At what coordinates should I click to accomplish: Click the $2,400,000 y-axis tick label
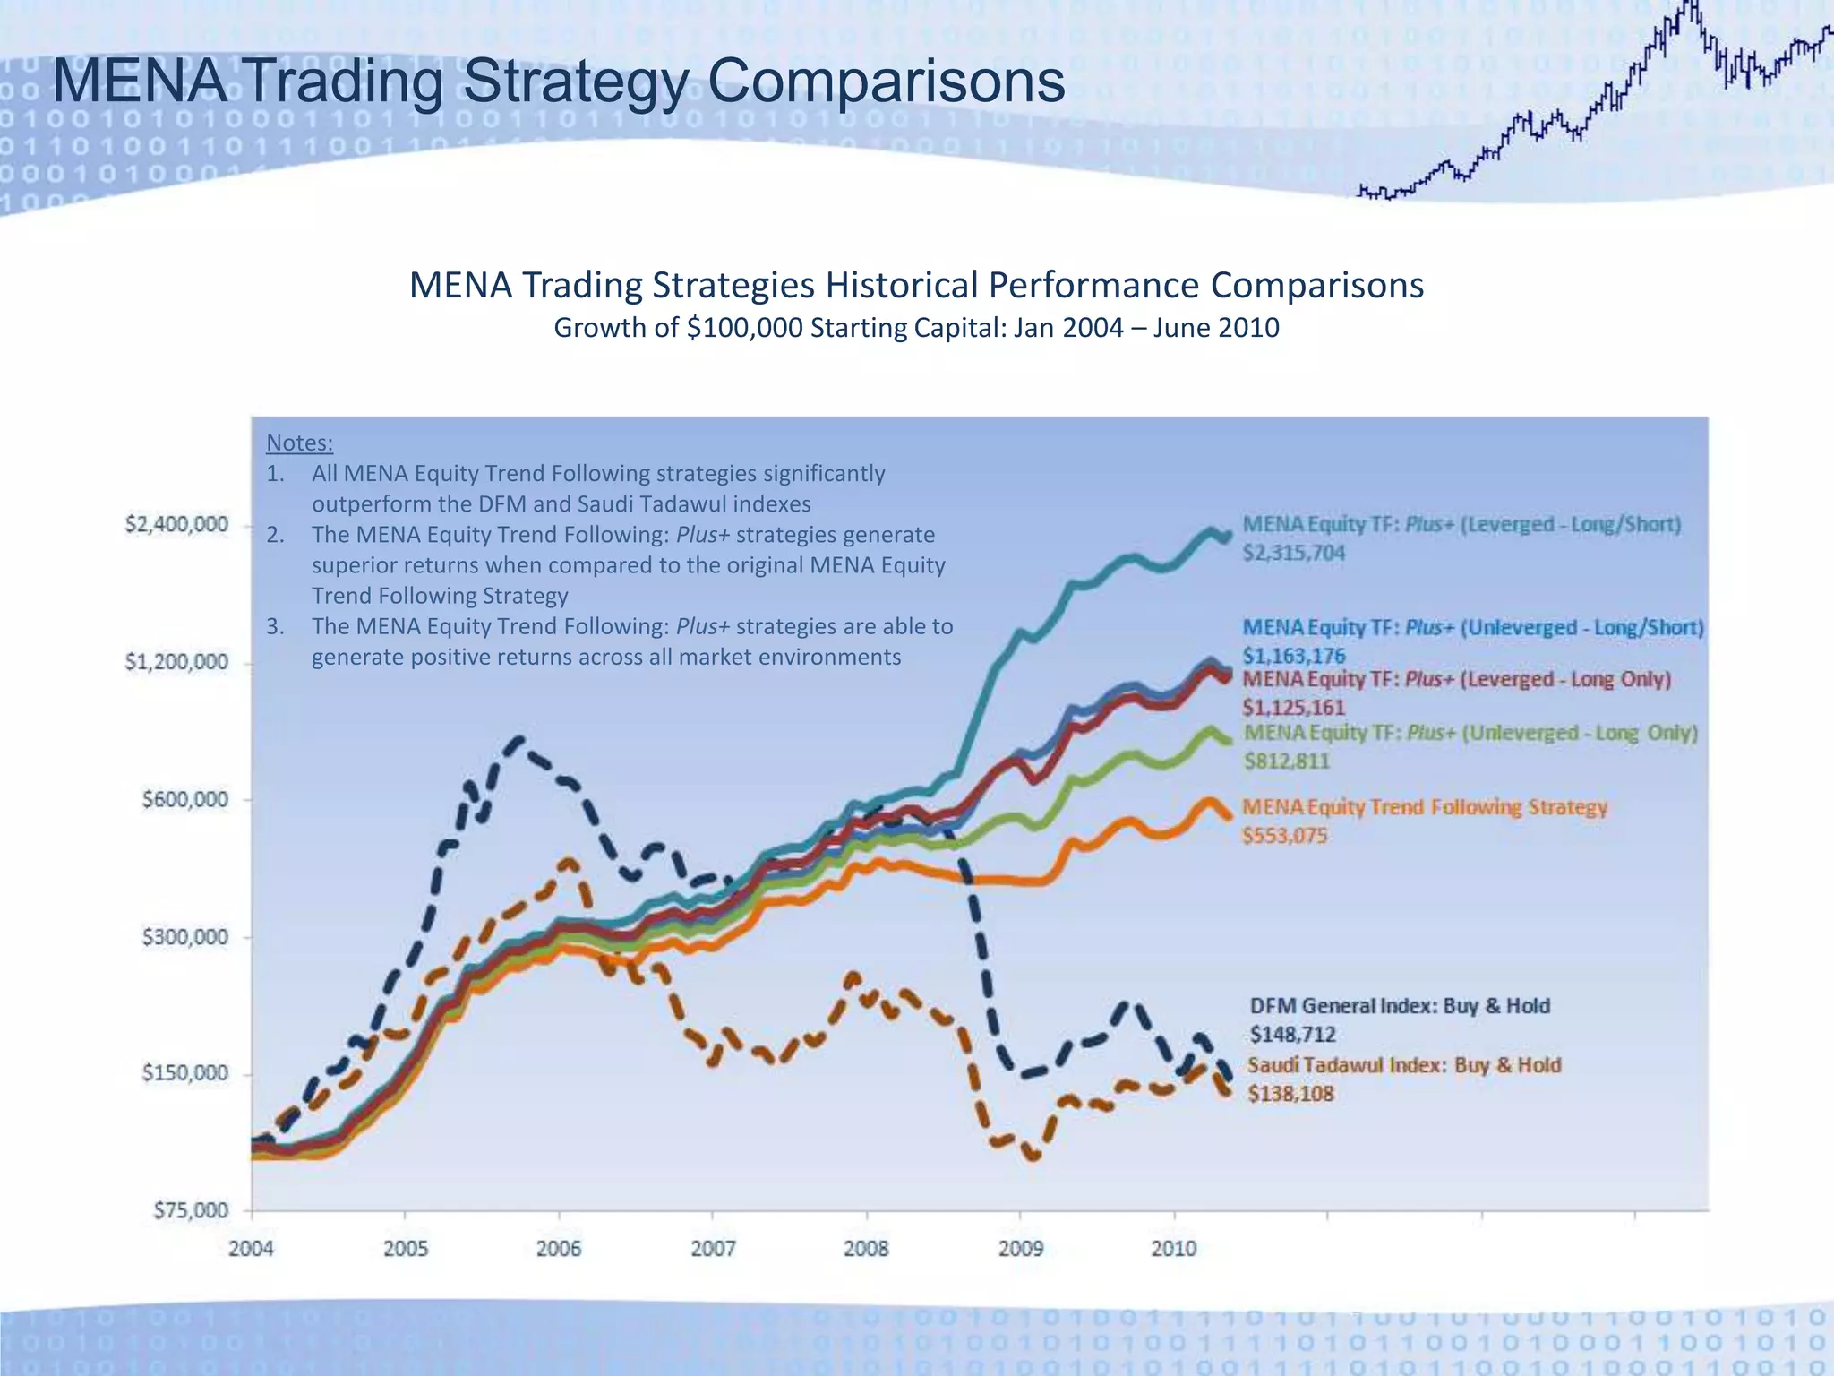point(176,525)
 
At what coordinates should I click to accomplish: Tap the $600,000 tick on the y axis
point(185,799)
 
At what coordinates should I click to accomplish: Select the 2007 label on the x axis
point(713,1248)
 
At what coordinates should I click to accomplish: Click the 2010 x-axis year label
point(1173,1248)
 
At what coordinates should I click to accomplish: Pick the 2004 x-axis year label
point(252,1248)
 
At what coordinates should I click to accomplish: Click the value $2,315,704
point(1293,553)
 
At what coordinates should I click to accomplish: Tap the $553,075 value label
point(1284,836)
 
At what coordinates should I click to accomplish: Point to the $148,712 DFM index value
point(1292,1035)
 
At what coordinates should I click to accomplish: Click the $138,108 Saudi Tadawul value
point(1290,1094)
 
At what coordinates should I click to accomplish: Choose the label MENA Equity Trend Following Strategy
point(1424,807)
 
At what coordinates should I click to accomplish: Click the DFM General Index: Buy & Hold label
point(1400,1006)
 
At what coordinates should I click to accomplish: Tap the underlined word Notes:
point(299,443)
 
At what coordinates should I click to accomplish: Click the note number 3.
point(275,626)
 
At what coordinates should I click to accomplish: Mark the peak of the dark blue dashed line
point(518,740)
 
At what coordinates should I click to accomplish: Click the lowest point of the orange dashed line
point(1033,1157)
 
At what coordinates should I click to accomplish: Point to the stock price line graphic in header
point(1594,107)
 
